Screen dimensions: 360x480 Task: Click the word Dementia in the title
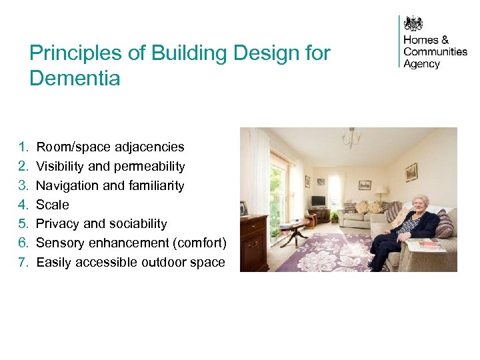pyautogui.click(x=75, y=79)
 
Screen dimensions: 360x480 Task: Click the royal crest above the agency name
pyautogui.click(x=414, y=23)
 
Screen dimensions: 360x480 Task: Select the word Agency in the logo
pyautogui.click(x=421, y=64)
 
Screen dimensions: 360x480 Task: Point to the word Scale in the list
pyautogui.click(x=53, y=205)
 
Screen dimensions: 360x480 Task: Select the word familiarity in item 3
pyautogui.click(x=151, y=185)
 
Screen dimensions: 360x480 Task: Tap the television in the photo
pyautogui.click(x=319, y=201)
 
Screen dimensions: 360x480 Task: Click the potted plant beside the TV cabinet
pyautogui.click(x=334, y=217)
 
